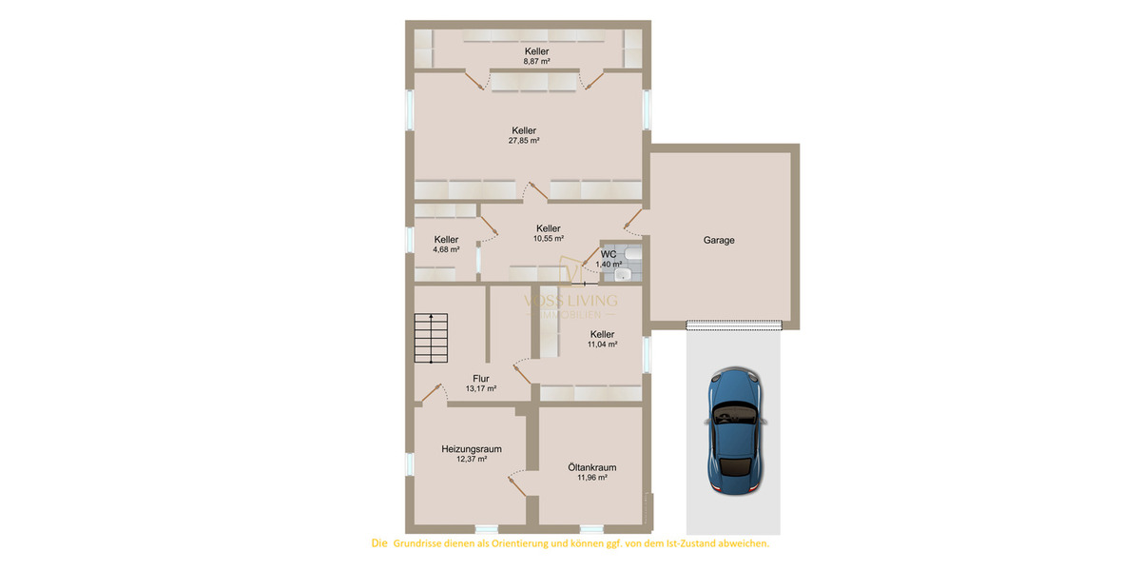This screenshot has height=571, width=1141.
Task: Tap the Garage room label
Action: pos(719,241)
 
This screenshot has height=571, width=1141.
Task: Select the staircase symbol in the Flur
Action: pos(430,338)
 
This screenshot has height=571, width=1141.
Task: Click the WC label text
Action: pos(609,254)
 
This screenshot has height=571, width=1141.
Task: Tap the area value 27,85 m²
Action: pos(524,141)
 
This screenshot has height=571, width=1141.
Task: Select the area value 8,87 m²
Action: pos(536,61)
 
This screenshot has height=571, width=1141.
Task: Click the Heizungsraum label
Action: pos(471,448)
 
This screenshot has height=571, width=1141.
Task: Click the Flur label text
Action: pos(480,378)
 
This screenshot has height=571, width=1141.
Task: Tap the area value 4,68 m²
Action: pos(446,249)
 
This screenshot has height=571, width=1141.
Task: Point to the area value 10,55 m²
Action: pos(548,239)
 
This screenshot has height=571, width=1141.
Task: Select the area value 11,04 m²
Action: pos(602,345)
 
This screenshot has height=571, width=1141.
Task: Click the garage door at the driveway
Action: pos(734,325)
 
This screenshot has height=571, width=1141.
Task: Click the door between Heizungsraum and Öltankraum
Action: pos(518,483)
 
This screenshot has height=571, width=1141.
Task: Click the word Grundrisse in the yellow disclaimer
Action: pos(425,544)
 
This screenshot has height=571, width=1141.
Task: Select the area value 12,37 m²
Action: pos(471,459)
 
